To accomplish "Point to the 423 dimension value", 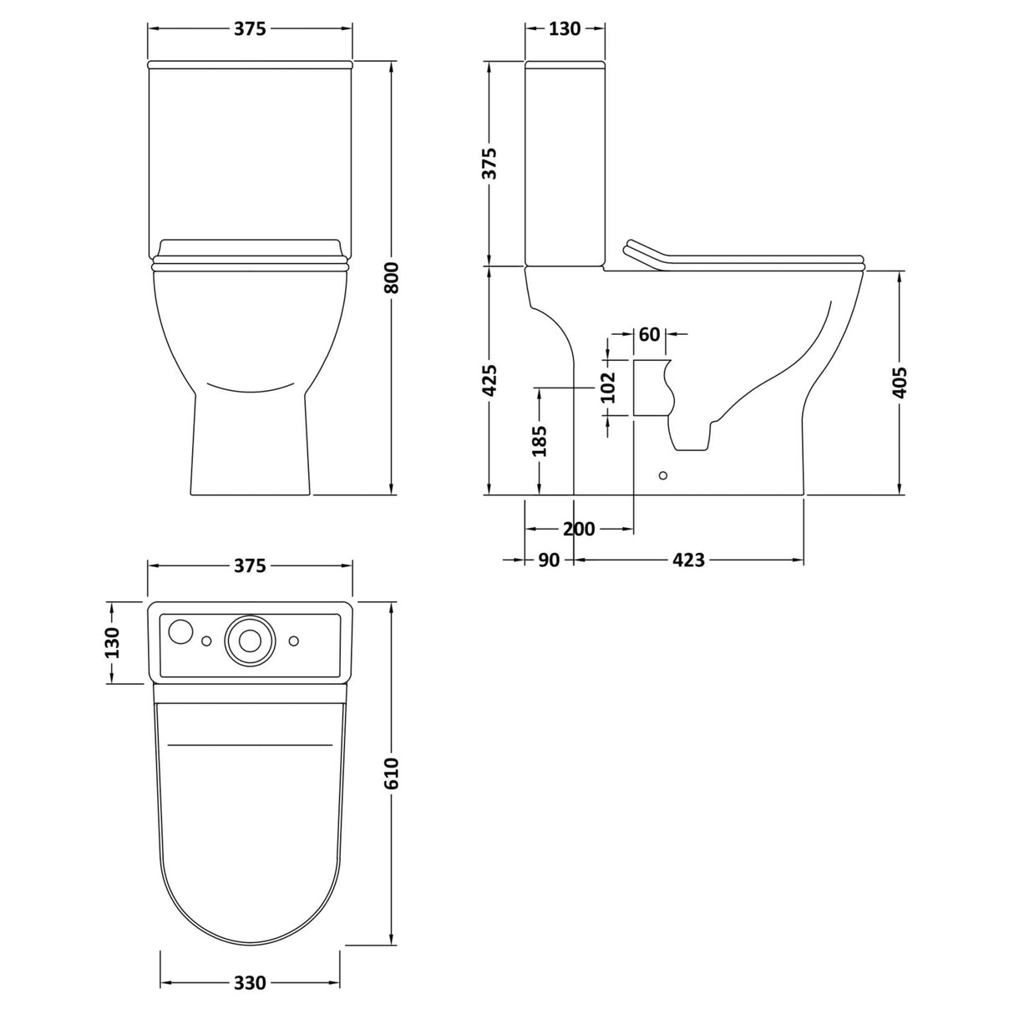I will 688,560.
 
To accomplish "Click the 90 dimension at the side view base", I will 548,560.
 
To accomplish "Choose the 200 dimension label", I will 579,529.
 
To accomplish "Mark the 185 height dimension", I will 540,441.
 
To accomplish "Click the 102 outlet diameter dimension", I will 608,388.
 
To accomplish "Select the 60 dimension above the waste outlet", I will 650,334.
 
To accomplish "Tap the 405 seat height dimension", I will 900,382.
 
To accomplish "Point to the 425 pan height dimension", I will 490,380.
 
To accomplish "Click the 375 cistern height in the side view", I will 490,164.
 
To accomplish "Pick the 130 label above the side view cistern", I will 565,28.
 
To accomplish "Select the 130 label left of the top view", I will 112,641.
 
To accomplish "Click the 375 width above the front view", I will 250,28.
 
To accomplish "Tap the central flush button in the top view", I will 248,639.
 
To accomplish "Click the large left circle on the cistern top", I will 180,631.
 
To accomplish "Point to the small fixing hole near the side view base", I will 663,475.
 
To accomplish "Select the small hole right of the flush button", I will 293,640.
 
